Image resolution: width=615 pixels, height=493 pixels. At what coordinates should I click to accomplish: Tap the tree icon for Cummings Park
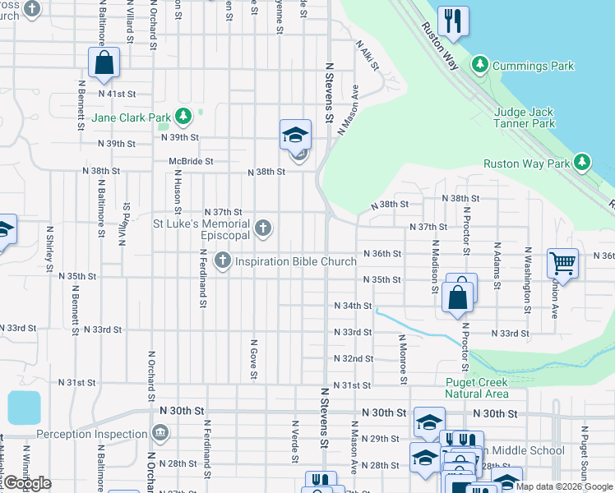click(x=479, y=65)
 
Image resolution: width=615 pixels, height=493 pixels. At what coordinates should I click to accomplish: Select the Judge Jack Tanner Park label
click(x=525, y=117)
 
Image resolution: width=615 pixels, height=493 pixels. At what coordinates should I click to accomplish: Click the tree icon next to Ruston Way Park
click(x=583, y=163)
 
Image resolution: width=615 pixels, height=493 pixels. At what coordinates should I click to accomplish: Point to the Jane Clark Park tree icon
click(x=183, y=117)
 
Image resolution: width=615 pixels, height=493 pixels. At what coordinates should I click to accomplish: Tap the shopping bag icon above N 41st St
click(x=104, y=62)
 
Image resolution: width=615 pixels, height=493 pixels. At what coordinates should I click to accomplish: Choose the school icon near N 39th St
click(x=295, y=135)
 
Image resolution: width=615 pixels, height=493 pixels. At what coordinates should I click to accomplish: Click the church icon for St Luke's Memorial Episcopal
click(x=263, y=228)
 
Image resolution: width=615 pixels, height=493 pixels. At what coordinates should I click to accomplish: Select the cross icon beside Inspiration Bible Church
click(x=222, y=261)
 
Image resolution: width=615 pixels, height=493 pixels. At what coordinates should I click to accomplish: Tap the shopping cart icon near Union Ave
click(x=562, y=264)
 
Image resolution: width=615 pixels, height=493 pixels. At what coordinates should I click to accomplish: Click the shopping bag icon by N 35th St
click(x=460, y=293)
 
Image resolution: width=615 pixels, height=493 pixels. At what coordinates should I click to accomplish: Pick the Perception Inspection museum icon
click(x=160, y=432)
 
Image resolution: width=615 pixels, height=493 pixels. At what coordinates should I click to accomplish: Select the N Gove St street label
click(x=254, y=359)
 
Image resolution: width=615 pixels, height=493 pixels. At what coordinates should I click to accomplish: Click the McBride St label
click(x=191, y=162)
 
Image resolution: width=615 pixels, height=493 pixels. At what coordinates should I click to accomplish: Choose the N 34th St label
click(x=353, y=306)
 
